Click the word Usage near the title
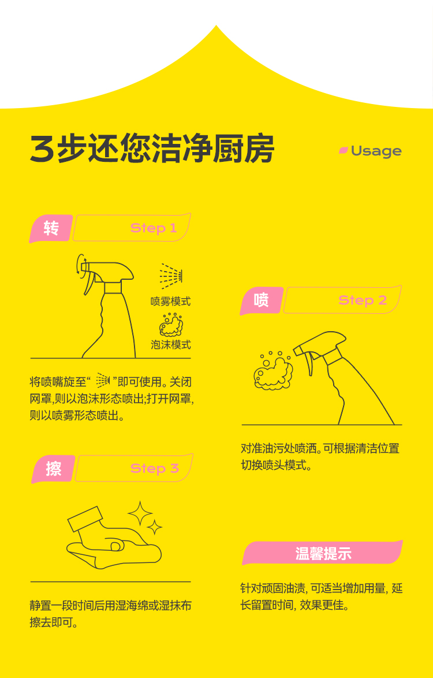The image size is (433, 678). (x=376, y=151)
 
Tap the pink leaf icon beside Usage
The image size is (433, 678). (x=344, y=150)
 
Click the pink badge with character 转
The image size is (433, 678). (x=51, y=228)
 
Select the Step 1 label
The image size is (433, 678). (x=153, y=228)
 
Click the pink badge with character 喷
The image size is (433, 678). (x=261, y=300)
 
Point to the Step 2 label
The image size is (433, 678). (x=363, y=300)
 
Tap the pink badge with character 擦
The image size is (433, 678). (x=53, y=468)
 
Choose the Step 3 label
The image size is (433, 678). (x=154, y=468)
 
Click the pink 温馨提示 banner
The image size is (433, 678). (x=323, y=553)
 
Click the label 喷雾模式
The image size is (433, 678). (x=170, y=301)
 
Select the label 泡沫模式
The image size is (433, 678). (x=170, y=344)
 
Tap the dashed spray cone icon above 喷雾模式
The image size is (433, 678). (x=171, y=276)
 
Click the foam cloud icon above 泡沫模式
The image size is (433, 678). (x=171, y=325)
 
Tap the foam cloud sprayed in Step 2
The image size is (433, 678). (x=273, y=371)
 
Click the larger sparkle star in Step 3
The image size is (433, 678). (x=140, y=513)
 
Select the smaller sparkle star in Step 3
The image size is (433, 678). (x=154, y=527)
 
